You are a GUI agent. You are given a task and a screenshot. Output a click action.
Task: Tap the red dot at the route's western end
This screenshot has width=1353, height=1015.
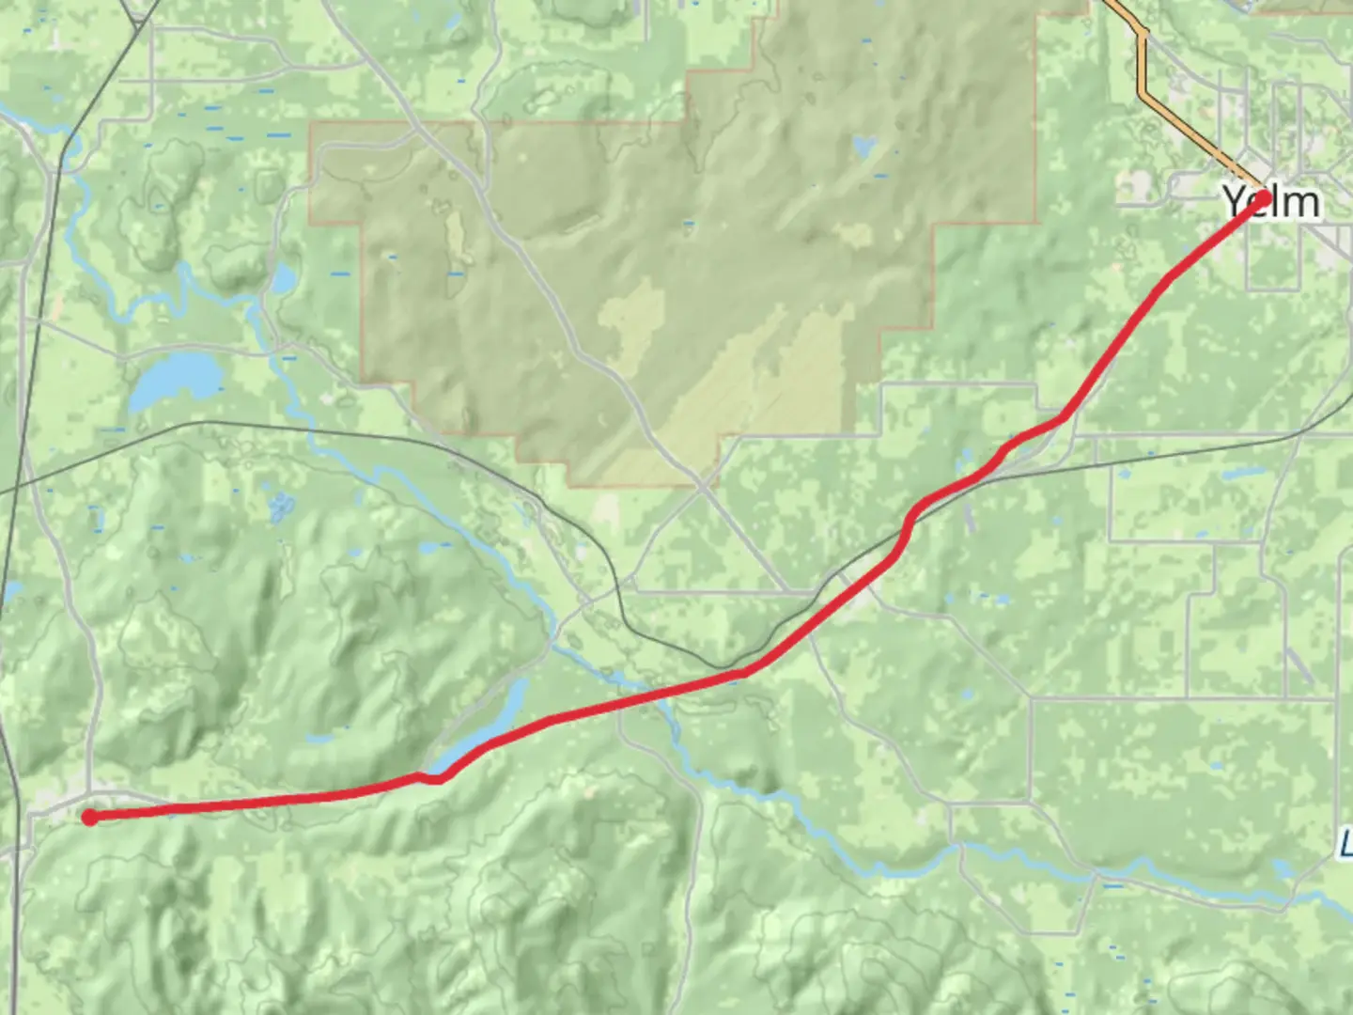[x=89, y=818]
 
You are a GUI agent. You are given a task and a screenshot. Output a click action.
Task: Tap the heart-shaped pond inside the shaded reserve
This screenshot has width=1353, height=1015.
[x=863, y=148]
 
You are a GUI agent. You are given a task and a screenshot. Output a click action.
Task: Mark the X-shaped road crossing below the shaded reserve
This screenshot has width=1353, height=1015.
[x=703, y=484]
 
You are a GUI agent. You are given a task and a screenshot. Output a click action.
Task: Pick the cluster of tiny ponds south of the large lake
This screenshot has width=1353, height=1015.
[x=279, y=507]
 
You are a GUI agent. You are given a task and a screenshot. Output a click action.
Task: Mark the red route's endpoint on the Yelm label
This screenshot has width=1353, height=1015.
[x=1264, y=198]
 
